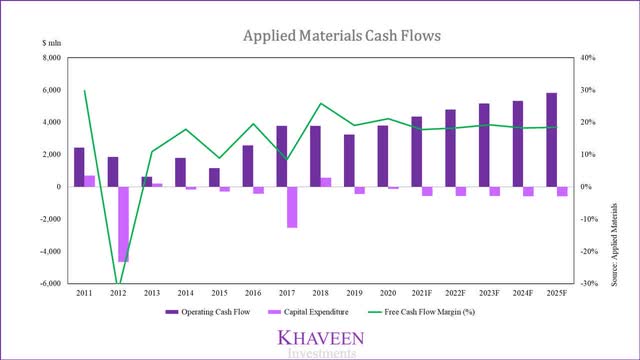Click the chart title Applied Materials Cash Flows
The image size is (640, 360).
click(x=342, y=36)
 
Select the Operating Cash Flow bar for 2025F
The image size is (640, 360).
click(x=551, y=140)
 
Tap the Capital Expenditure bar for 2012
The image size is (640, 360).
click(x=124, y=224)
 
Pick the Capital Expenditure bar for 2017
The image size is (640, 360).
click(x=292, y=207)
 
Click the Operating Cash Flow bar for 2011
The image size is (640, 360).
click(x=79, y=167)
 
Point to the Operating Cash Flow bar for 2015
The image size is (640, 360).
click(x=214, y=178)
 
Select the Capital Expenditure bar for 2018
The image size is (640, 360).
click(x=326, y=182)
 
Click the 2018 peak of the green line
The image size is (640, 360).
click(x=321, y=103)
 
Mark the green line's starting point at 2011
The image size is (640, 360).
click(x=84, y=90)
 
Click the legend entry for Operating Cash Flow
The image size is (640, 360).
click(x=208, y=312)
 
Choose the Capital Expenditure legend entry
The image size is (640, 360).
click(x=308, y=312)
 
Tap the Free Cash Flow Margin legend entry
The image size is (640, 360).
click(x=421, y=312)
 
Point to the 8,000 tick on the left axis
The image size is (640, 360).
click(x=52, y=58)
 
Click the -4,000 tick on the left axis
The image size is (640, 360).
click(x=51, y=251)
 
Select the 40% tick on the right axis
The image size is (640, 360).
click(x=588, y=58)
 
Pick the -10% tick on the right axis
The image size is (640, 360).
click(x=588, y=219)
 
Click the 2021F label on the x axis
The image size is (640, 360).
click(x=422, y=293)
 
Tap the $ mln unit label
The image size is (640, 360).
click(x=52, y=43)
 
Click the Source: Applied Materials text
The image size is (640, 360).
click(x=614, y=244)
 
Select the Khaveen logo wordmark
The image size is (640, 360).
click(x=321, y=338)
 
